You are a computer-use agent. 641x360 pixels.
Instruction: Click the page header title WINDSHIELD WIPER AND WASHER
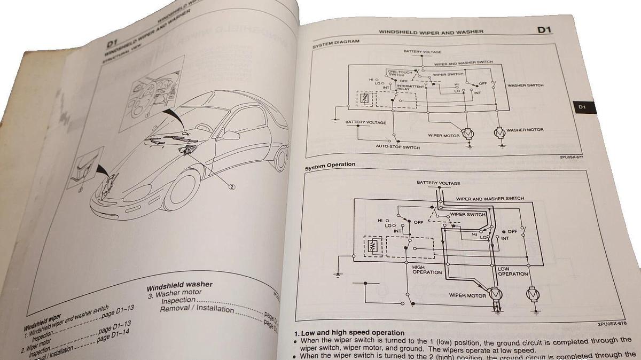[x=431, y=32]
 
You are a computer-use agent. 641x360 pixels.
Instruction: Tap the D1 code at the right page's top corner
[x=544, y=30]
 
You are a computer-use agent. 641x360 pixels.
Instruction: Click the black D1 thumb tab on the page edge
[x=583, y=107]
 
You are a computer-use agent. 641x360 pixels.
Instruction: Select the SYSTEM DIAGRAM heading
[x=336, y=43]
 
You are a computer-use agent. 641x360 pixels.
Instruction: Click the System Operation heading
[x=330, y=165]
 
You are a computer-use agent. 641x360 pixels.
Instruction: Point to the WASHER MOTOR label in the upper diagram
[x=525, y=130]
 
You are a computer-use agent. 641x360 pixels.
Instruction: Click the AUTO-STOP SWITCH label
[x=398, y=147]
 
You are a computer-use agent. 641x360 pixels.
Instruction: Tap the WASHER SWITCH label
[x=525, y=85]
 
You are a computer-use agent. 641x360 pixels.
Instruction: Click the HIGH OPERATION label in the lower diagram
[x=427, y=270]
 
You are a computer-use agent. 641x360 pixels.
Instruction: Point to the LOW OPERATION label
[x=512, y=271]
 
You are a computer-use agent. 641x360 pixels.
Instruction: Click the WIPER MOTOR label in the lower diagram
[x=467, y=295]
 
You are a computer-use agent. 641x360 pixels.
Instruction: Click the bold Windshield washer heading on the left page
[x=179, y=285]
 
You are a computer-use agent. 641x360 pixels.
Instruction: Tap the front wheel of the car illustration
[x=180, y=190]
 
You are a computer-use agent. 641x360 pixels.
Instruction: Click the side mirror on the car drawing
[x=231, y=135]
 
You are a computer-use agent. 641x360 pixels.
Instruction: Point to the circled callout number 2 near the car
[x=232, y=186]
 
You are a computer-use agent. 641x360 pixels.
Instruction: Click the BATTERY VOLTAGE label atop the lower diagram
[x=438, y=183]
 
